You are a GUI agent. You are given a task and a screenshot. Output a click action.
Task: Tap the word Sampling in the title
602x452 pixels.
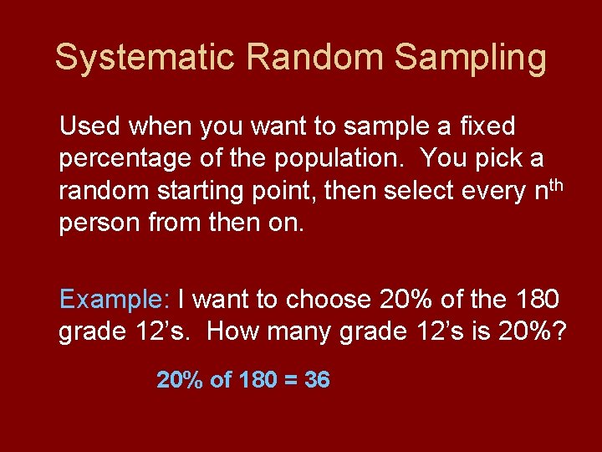pyautogui.click(x=471, y=58)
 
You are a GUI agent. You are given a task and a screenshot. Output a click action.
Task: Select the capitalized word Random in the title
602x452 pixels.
pyautogui.click(x=317, y=58)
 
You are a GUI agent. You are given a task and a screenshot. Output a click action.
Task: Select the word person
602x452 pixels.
pyautogui.click(x=96, y=223)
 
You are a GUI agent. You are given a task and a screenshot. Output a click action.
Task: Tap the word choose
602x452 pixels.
pyautogui.click(x=329, y=300)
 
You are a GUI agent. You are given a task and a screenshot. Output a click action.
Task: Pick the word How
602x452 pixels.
pyautogui.click(x=227, y=332)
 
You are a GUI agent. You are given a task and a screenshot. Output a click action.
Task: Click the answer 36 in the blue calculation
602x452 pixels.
pyautogui.click(x=317, y=380)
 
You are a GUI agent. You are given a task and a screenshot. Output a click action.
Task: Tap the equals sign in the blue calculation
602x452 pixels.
pyautogui.click(x=288, y=380)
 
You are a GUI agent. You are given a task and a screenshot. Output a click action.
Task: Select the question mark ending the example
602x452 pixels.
pyautogui.click(x=559, y=332)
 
